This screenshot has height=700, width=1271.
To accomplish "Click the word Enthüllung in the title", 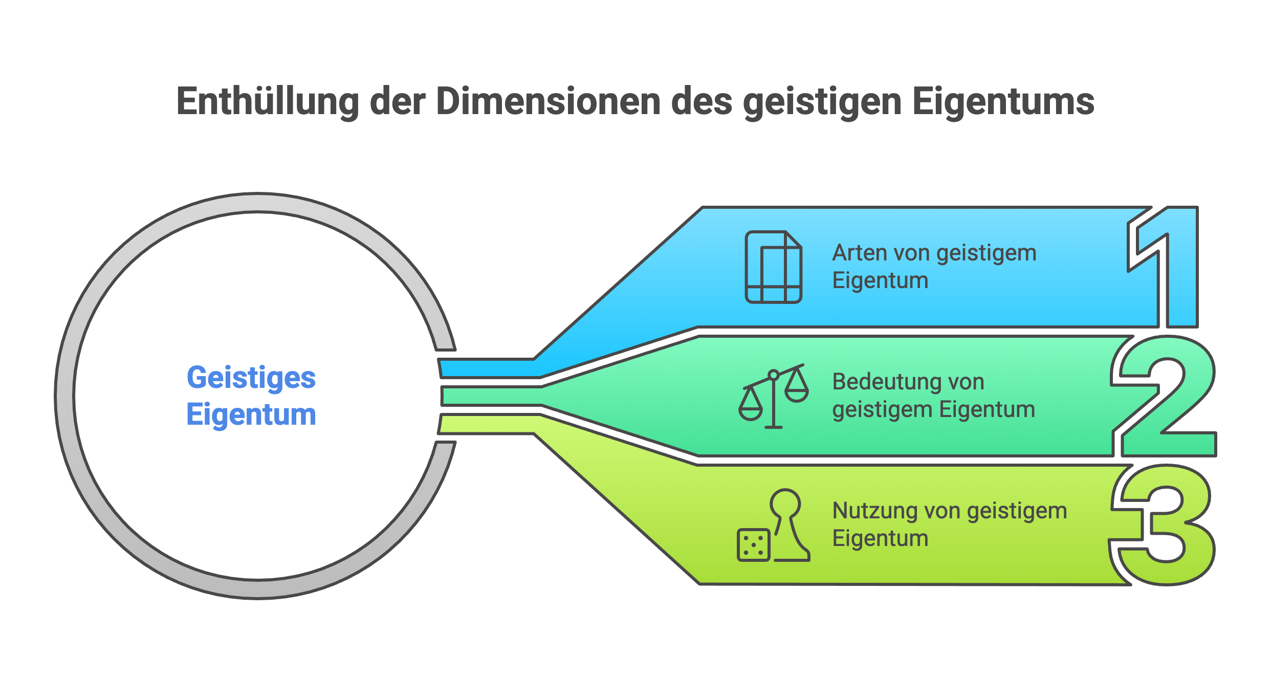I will [268, 101].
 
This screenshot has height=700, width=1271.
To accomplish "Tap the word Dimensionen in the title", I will [549, 101].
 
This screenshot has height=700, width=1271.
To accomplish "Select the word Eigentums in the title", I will [1003, 101].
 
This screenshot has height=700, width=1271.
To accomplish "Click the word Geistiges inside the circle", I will [251, 378].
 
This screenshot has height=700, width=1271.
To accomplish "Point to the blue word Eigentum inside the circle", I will [251, 414].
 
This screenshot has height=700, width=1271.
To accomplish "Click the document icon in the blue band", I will [773, 267].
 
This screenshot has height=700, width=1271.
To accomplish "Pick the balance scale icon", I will [773, 397].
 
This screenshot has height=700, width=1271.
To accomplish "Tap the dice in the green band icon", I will [753, 545].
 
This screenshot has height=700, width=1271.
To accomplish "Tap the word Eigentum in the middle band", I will [987, 409].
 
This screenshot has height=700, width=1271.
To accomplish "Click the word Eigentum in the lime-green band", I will [880, 538].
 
